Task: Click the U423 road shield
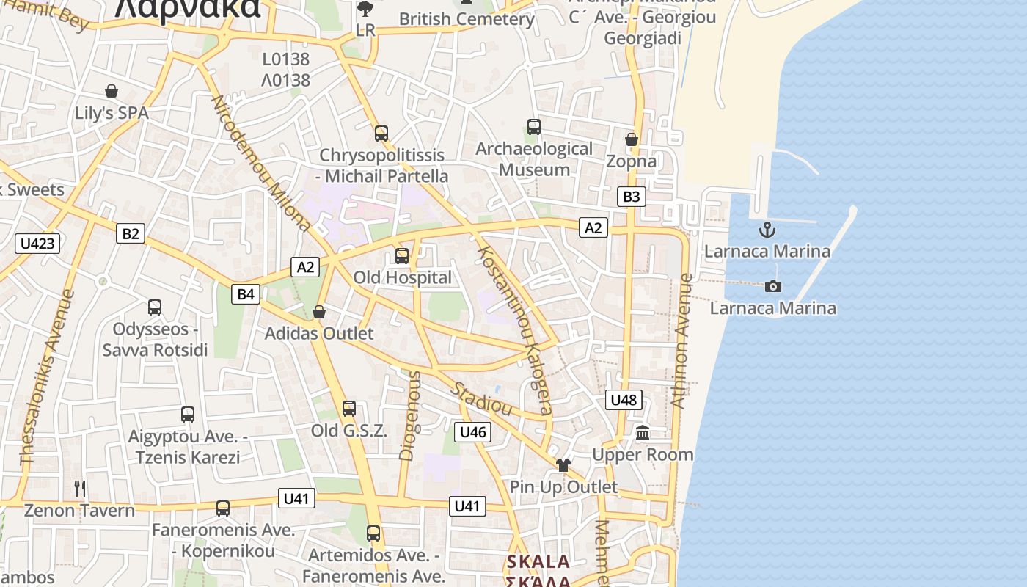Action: (x=37, y=243)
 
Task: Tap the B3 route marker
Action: (x=631, y=196)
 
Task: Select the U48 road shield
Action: (x=624, y=400)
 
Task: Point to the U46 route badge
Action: (x=472, y=432)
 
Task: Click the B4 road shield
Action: (x=246, y=294)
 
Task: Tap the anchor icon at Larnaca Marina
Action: (x=767, y=230)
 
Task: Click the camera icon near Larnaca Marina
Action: (x=772, y=286)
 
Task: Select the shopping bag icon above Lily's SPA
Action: (x=112, y=91)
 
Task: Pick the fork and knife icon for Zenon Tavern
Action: (x=80, y=488)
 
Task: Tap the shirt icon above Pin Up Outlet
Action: (x=563, y=464)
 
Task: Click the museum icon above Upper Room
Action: (x=643, y=433)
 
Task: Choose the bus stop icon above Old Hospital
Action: (x=402, y=255)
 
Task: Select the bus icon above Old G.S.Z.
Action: (x=349, y=409)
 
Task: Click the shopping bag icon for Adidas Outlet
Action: (x=319, y=312)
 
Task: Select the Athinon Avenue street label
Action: (x=681, y=341)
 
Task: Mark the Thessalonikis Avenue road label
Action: (x=48, y=377)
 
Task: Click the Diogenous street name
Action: (x=409, y=415)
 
